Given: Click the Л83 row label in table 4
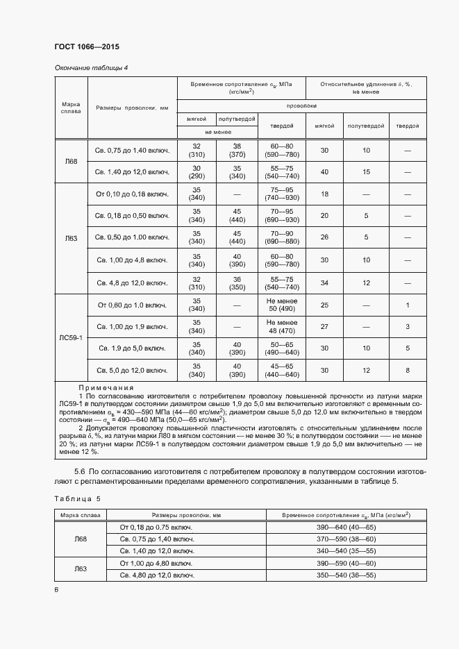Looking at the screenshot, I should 71,238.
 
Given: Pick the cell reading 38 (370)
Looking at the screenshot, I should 237,151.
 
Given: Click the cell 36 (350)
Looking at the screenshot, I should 237,283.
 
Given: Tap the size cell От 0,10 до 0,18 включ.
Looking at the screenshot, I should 132,195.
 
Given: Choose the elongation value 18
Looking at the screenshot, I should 324,195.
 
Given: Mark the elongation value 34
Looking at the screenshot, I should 324,283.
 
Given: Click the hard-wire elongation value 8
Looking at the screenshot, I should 408,370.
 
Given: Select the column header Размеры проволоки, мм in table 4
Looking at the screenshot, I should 132,108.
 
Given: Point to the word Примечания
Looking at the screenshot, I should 106,387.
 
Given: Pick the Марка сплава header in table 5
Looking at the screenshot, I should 80,515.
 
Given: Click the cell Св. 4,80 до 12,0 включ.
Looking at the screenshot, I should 156,575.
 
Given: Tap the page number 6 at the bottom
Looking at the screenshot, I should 56,589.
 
